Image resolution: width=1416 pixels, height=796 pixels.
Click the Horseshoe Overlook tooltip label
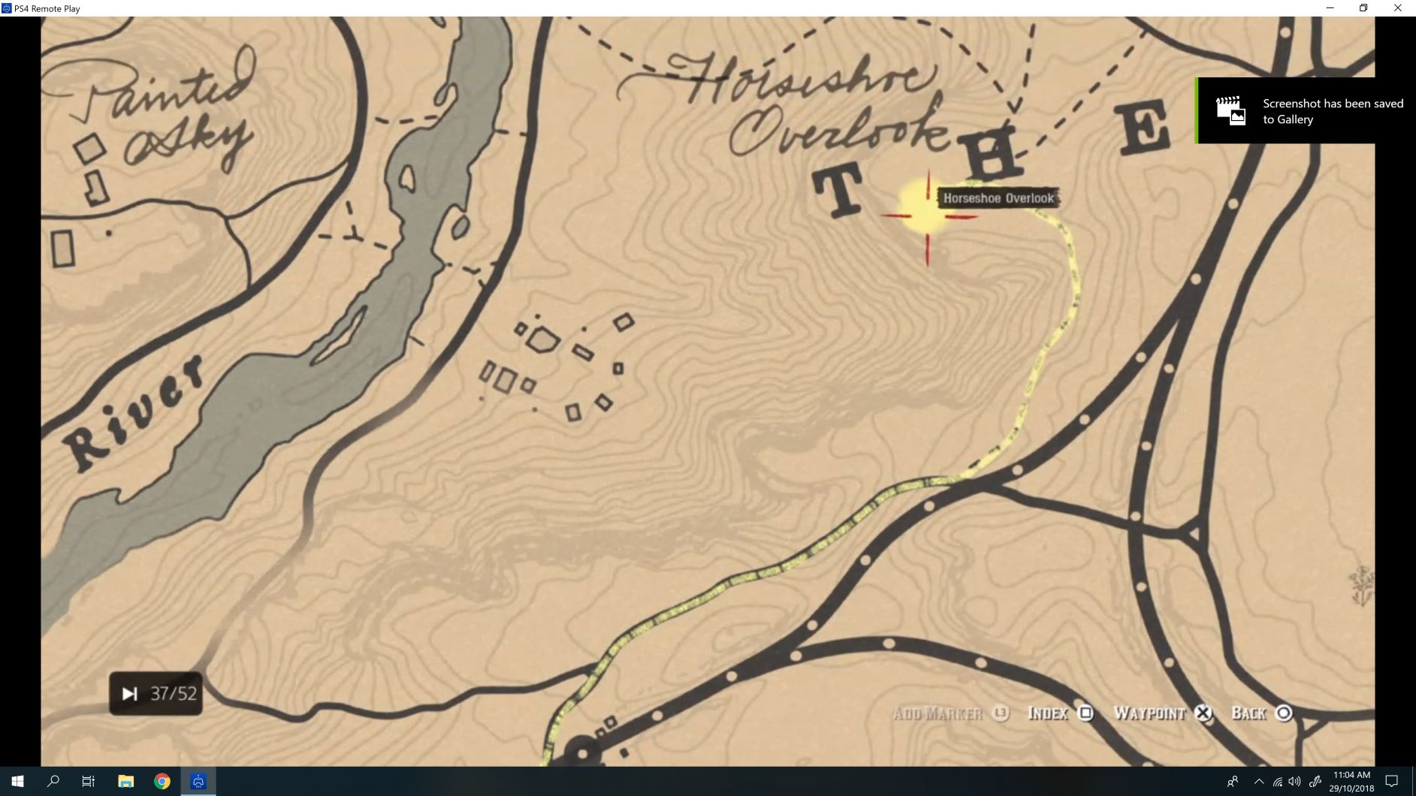tap(998, 198)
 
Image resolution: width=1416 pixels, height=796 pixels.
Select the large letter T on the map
tap(838, 191)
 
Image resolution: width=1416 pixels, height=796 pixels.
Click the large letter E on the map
tap(1144, 128)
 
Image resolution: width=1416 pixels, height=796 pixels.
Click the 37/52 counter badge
tap(156, 693)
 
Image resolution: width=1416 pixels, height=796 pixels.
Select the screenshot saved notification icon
tap(1230, 110)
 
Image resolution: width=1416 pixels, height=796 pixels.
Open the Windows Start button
tap(17, 781)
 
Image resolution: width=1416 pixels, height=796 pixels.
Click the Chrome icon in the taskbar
tap(162, 781)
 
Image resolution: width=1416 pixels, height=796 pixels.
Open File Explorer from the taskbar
tap(125, 781)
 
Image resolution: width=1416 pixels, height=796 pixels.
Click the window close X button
tap(1397, 8)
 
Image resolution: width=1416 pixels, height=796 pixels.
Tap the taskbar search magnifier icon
tap(53, 781)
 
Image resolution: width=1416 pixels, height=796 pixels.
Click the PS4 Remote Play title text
tap(47, 9)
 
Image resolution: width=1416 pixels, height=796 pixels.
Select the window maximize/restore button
tap(1363, 8)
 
